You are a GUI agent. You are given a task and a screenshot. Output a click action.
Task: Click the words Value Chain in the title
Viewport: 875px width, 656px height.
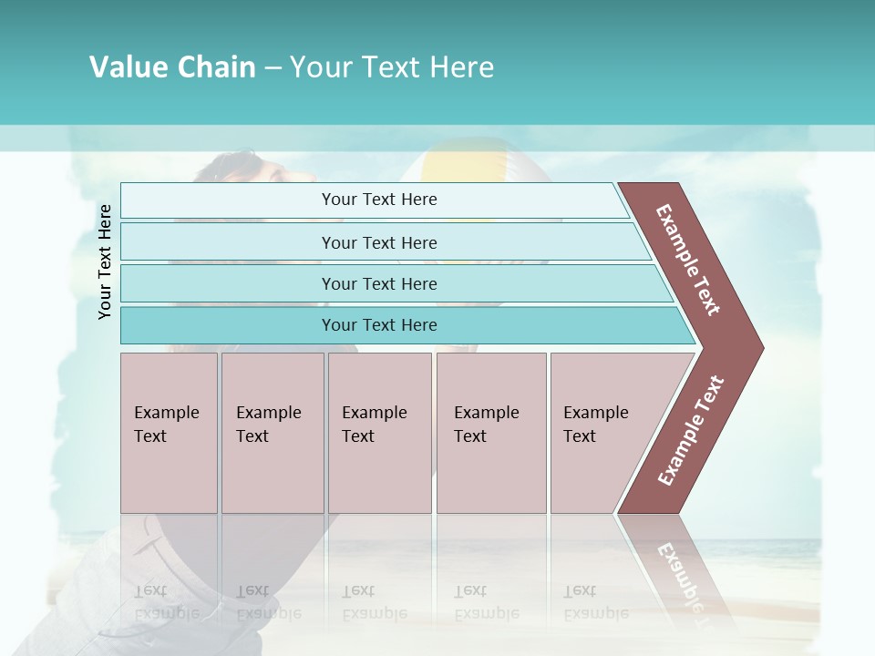(x=172, y=67)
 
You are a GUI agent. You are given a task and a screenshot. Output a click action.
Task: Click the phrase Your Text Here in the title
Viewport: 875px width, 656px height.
(x=392, y=67)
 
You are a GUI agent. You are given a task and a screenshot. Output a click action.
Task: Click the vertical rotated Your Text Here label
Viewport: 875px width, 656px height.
(x=105, y=261)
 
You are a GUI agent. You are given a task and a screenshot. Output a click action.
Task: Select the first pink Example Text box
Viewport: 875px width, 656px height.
(x=169, y=433)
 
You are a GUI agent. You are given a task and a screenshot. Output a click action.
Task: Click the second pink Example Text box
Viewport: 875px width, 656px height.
(x=272, y=433)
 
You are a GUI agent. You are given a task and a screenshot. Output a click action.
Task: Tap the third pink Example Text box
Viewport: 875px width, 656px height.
(x=378, y=433)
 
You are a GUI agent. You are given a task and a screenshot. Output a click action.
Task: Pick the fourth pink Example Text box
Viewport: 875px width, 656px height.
(x=490, y=433)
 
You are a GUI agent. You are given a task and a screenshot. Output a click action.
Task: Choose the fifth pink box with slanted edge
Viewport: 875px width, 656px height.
(x=606, y=433)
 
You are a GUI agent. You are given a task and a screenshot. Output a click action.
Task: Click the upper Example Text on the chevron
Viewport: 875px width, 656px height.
(x=688, y=260)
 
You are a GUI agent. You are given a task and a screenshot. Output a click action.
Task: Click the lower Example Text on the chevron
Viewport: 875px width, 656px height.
(x=690, y=431)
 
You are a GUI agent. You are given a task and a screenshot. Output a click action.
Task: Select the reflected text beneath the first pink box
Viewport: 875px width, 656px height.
(x=166, y=602)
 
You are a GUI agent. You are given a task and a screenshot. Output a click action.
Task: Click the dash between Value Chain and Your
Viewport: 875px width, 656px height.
(x=273, y=68)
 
